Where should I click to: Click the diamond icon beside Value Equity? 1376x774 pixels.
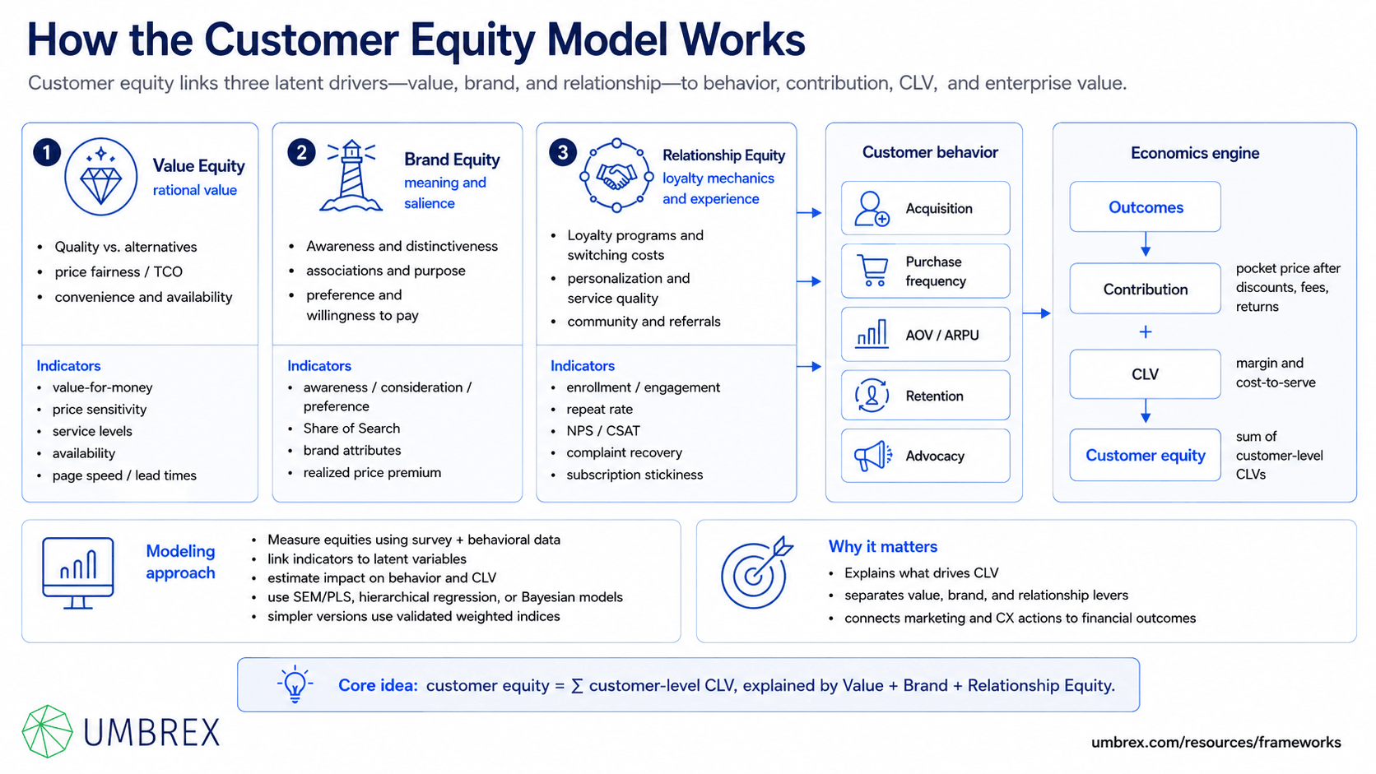(100, 177)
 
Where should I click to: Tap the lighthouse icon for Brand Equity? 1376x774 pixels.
(351, 176)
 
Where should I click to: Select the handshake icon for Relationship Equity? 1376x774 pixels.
(616, 176)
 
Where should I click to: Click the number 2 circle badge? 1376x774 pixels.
(301, 152)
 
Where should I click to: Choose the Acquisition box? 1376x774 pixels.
(925, 208)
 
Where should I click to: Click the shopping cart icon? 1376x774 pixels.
(872, 271)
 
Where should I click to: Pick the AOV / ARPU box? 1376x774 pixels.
(925, 335)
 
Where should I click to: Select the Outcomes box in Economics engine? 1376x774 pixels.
(1145, 206)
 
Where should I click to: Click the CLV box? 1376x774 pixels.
(1145, 373)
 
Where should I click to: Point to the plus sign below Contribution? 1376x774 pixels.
(1145, 332)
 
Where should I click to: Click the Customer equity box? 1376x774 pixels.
(1145, 455)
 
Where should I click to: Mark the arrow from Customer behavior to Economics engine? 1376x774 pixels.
(1037, 313)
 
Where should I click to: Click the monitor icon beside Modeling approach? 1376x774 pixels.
(78, 572)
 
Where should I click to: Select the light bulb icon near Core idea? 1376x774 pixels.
(295, 684)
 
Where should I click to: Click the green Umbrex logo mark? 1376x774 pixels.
(47, 731)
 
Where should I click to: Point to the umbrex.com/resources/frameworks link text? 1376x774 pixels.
(1216, 742)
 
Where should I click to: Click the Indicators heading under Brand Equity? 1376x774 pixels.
(318, 366)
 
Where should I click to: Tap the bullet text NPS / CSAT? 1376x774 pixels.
(603, 431)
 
